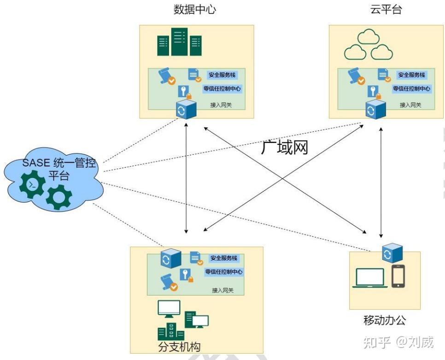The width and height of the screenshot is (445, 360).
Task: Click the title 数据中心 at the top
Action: tap(194, 10)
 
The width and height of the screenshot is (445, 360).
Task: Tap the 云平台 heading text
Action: tap(386, 10)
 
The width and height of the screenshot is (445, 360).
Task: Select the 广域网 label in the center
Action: tap(284, 147)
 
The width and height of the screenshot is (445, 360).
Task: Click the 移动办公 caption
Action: tap(385, 320)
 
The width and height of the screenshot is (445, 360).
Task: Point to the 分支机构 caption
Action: tap(179, 346)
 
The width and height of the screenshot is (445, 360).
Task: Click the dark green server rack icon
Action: tap(180, 42)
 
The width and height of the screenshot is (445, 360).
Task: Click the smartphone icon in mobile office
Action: tap(398, 276)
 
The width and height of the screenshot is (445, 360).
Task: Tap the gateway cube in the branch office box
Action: tap(170, 259)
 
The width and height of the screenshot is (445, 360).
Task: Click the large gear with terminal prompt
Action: tap(32, 184)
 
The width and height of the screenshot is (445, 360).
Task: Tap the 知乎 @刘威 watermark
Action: tap(398, 342)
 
